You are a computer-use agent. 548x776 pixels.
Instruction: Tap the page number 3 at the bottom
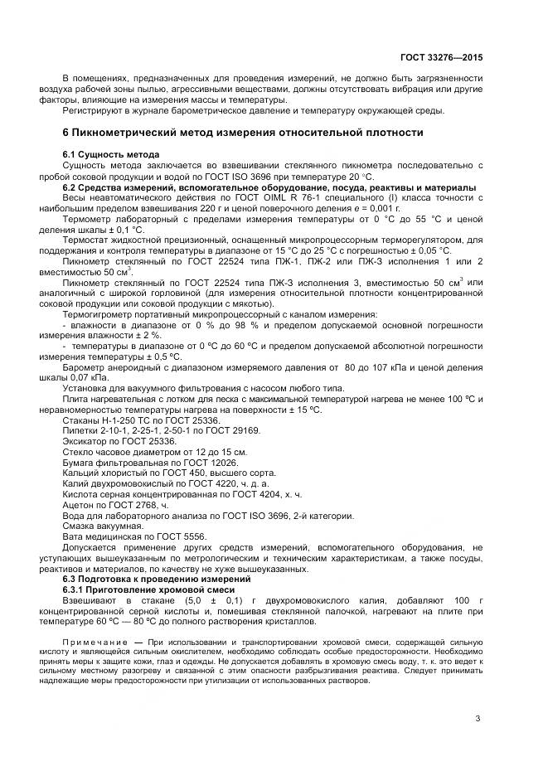pos(478,719)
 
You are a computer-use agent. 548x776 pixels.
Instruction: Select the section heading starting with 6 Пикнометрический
pos(244,133)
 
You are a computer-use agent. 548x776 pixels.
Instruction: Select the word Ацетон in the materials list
pos(79,504)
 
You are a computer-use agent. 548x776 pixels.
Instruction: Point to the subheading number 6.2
pos(70,187)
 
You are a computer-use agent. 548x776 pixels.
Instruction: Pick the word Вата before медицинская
pos(74,536)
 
